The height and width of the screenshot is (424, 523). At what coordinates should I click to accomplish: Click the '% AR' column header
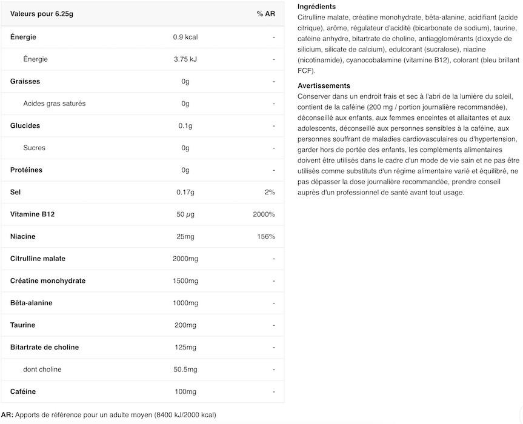265,14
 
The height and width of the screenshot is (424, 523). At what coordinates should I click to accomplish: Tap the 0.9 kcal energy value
185,37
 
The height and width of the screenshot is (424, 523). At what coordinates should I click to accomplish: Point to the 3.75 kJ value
185,59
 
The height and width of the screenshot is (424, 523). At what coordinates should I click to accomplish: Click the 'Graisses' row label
25,81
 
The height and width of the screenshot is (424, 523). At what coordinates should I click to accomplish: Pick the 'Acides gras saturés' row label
54,104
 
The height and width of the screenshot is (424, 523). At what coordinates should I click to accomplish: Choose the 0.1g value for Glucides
185,126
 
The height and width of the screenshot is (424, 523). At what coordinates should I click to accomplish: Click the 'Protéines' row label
27,170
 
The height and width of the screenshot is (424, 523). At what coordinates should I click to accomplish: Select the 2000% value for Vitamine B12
264,214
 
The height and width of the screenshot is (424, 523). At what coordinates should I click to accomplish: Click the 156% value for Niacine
266,236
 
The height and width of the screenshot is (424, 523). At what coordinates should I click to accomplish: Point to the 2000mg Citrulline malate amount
185,259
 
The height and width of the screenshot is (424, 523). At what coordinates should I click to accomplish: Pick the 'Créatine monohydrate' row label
48,281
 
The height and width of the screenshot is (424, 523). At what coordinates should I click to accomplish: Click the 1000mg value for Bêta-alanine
185,303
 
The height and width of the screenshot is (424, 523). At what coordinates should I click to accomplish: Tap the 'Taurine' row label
24,325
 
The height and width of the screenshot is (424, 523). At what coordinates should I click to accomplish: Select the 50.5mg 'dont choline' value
185,369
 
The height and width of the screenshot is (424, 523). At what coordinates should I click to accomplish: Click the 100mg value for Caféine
185,392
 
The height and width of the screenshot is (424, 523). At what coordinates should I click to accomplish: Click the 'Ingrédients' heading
316,7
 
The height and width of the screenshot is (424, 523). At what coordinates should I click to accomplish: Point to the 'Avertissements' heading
324,86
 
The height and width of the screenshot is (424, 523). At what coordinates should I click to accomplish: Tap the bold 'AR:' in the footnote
7,415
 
